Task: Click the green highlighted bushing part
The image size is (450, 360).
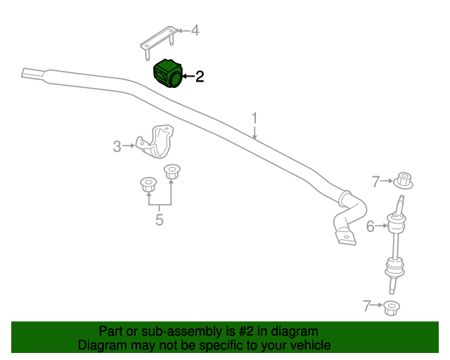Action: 167,74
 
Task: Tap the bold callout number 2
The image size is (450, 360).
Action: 200,77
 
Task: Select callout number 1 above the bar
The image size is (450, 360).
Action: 255,119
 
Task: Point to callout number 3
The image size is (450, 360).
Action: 117,146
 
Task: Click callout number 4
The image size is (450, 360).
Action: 195,30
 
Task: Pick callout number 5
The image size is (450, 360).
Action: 160,219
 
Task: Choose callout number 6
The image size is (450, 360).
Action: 371,226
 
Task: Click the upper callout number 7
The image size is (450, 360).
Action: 375,181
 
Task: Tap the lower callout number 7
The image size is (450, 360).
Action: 367,306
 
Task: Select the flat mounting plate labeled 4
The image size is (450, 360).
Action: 160,41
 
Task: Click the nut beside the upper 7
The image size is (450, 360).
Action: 403,181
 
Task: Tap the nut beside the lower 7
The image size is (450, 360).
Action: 392,309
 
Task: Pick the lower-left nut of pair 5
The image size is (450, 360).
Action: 148,185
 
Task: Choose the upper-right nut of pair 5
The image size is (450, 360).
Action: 172,172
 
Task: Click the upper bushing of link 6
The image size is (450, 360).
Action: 397,221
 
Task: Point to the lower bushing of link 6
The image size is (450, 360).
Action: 395,267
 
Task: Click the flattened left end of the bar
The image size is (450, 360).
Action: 33,74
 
